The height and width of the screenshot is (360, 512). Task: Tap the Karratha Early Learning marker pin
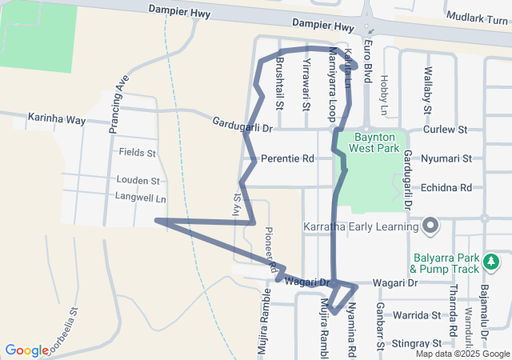pos(430,226)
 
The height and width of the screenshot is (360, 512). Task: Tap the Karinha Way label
pos(57,119)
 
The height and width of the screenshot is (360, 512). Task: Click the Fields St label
pos(138,152)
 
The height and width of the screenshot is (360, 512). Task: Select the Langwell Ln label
pos(140,197)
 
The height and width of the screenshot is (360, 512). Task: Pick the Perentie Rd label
pos(286,159)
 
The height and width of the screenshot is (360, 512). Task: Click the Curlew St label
pos(445,129)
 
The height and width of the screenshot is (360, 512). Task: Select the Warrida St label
pos(416,315)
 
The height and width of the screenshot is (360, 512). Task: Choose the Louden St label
pos(138,181)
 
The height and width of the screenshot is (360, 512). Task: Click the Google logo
pos(26,350)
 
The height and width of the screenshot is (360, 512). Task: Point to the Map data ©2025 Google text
pos(462,354)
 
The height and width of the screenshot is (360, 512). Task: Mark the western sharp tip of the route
pos(156,219)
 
